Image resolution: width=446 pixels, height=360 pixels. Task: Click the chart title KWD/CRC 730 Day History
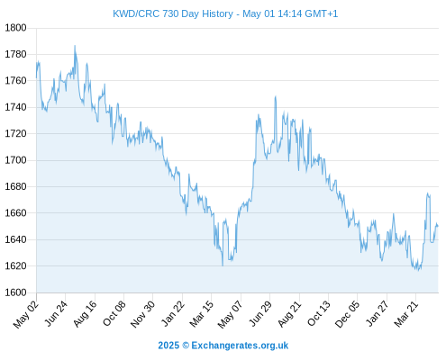click(173, 13)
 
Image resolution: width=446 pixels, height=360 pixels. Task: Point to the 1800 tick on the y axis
click(15, 28)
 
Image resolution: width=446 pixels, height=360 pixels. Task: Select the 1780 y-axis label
click(15, 54)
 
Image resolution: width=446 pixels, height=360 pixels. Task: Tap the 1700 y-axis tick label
click(15, 160)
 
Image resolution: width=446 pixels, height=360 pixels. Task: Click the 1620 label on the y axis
click(15, 265)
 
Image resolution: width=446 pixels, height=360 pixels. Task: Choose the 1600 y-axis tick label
click(15, 292)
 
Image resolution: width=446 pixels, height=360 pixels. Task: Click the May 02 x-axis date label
click(26, 314)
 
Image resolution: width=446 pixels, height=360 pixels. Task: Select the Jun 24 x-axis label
click(56, 313)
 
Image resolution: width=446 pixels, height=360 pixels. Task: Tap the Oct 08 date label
click(114, 313)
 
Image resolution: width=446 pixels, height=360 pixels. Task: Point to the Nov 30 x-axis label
click(143, 313)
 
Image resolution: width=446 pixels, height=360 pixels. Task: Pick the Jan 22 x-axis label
click(173, 313)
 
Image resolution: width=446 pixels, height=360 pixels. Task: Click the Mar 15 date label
click(202, 313)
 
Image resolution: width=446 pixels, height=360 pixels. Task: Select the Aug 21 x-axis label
click(289, 313)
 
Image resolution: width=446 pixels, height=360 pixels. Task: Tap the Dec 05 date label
click(347, 313)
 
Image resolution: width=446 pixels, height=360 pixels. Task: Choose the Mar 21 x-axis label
click(406, 313)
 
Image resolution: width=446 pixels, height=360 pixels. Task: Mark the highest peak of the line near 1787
click(75, 46)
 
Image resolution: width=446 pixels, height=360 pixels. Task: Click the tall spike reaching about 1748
click(275, 96)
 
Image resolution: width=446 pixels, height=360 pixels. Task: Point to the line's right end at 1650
click(438, 226)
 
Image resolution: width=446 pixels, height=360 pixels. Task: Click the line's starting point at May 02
click(37, 77)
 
